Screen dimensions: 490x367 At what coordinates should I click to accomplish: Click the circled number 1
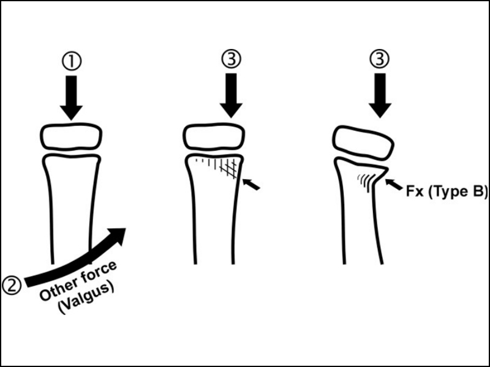(x=72, y=62)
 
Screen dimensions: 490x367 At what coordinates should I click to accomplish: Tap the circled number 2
(x=12, y=286)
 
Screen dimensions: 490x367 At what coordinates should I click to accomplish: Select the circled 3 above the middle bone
(x=232, y=59)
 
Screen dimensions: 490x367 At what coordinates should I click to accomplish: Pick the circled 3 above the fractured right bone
(x=380, y=59)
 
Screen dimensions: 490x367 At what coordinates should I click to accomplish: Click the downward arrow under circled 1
(x=71, y=97)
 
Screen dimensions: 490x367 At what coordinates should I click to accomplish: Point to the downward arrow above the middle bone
(x=232, y=95)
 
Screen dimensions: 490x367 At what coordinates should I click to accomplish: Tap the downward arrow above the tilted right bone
(x=380, y=95)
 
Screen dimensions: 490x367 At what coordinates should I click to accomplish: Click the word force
(x=99, y=272)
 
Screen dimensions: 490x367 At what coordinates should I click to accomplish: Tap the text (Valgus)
(x=86, y=298)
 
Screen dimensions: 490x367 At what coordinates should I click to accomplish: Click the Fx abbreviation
(x=415, y=191)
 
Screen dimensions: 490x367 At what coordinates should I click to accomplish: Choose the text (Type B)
(x=458, y=191)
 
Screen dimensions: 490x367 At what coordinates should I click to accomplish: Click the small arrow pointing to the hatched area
(x=251, y=184)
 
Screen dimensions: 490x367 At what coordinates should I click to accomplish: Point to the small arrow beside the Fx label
(x=394, y=184)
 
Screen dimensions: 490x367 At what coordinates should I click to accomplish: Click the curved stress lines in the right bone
(x=366, y=182)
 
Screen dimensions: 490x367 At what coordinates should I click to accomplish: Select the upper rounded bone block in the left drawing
(x=71, y=136)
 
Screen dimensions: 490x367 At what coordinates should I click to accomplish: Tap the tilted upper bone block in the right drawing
(x=363, y=143)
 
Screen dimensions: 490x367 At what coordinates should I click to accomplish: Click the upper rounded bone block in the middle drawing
(x=214, y=136)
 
